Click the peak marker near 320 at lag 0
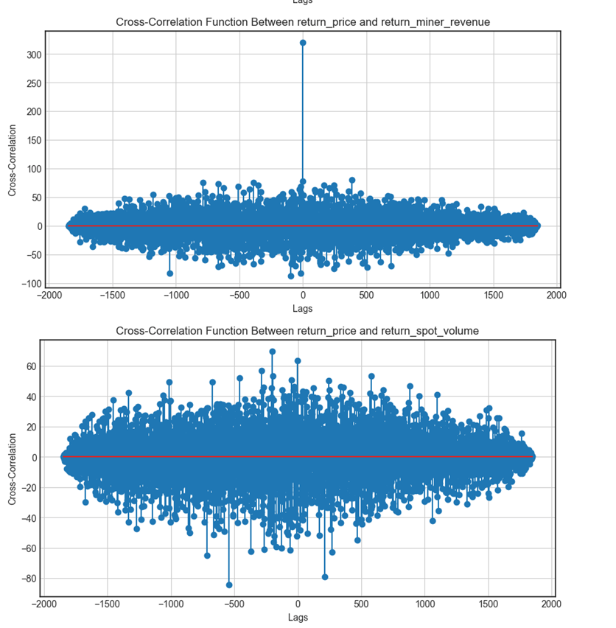[303, 43]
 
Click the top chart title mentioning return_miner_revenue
[303, 22]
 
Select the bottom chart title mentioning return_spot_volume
[298, 331]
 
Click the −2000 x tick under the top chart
[49, 296]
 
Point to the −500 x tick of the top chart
[239, 296]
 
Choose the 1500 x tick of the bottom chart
[489, 604]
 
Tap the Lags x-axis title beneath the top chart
[303, 309]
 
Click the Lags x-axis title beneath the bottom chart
[298, 618]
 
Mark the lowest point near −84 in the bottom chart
[229, 585]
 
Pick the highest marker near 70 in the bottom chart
[273, 352]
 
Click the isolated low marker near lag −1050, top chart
[170, 273]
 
